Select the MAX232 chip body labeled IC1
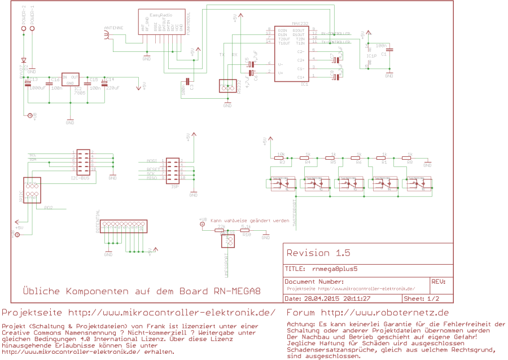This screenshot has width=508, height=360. click(x=291, y=54)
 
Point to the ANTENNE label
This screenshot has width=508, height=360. click(x=114, y=28)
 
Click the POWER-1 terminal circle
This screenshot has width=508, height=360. click(x=33, y=28)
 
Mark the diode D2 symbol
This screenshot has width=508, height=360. click(x=23, y=60)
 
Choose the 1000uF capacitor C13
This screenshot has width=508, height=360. click(x=27, y=83)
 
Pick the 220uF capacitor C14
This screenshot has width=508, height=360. click(x=104, y=83)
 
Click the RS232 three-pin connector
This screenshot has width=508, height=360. click(x=227, y=86)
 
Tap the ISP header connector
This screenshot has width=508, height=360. click(x=172, y=169)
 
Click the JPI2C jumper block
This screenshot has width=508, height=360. click(x=32, y=190)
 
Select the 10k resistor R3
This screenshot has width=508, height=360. click(x=281, y=158)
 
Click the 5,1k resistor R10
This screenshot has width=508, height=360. click(x=246, y=230)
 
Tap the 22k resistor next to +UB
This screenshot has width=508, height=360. click(x=221, y=230)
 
